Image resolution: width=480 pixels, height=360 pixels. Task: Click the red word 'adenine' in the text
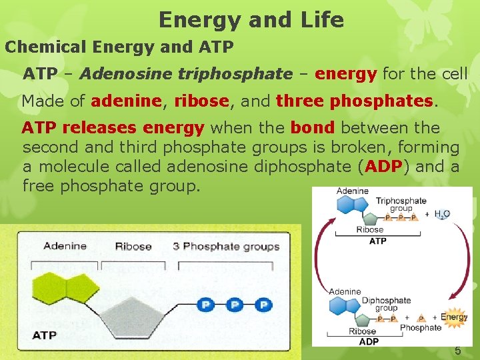tap(126, 101)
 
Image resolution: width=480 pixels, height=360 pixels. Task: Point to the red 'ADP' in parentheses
tap(383, 166)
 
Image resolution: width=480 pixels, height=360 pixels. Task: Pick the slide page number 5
tap(457, 350)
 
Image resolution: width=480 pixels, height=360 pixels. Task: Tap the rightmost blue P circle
tap(264, 305)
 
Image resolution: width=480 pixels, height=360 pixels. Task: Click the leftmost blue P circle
tap(206, 305)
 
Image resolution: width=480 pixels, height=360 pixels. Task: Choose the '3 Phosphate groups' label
tap(226, 247)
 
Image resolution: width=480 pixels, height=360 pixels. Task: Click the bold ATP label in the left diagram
tap(45, 334)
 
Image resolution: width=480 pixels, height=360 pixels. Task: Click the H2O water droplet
tap(441, 214)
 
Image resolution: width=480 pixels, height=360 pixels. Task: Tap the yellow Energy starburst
tap(454, 318)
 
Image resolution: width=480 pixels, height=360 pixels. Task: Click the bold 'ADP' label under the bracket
tap(369, 341)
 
